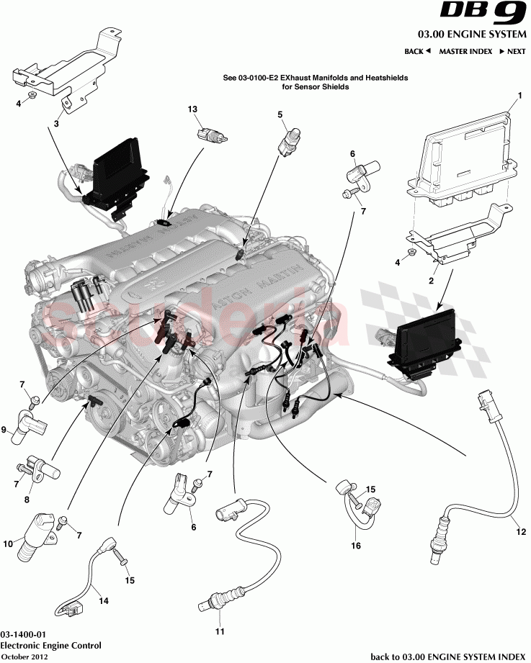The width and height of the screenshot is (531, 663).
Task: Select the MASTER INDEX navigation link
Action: [465, 52]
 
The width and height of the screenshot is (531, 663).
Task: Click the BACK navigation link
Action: [417, 52]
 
